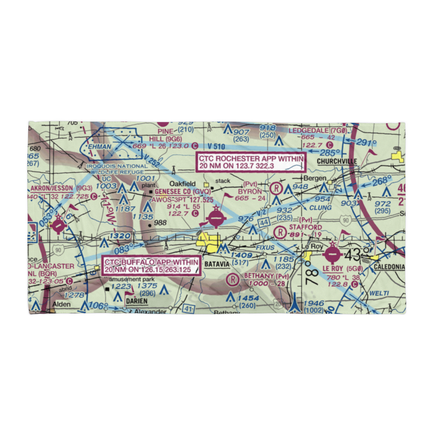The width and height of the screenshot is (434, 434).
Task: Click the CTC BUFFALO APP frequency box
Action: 152,266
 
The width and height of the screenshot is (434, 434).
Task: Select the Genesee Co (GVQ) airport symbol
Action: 216,218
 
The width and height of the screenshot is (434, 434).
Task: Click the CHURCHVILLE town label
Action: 337,161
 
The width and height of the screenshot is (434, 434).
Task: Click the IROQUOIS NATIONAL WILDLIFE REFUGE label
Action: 117,169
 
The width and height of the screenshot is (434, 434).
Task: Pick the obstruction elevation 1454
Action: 249,298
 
